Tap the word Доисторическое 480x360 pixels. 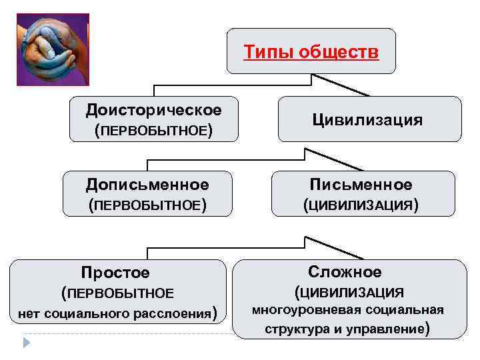(154, 109)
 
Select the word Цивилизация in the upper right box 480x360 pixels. (367, 120)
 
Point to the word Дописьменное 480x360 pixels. (147, 184)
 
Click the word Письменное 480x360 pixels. (361, 184)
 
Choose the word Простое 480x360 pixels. (115, 273)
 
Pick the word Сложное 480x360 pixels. (345, 271)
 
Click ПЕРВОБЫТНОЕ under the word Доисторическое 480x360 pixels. (154, 131)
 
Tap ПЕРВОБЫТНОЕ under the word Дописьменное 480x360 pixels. (147, 206)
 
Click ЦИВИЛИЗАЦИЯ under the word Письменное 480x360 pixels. (361, 206)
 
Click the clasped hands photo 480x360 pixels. (52, 49)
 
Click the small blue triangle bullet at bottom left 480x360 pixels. (27, 343)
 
